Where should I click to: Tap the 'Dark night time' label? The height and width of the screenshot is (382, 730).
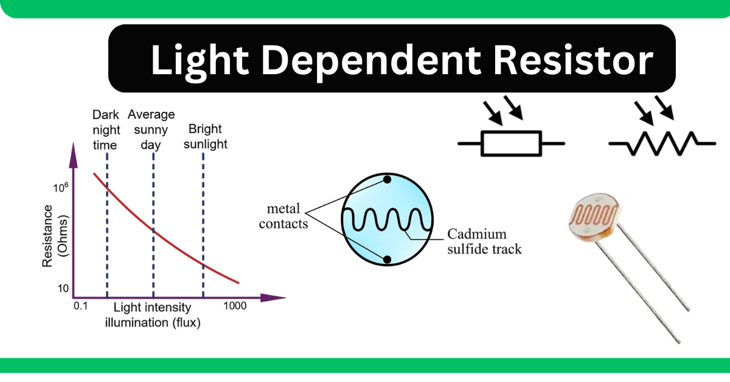[x=106, y=130]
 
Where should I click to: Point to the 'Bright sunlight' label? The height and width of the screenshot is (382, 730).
[x=205, y=136]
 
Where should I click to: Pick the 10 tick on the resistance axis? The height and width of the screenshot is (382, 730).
[x=63, y=288]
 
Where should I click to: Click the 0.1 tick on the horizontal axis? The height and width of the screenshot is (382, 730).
[x=81, y=306]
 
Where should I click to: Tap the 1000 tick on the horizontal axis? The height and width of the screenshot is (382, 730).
[x=234, y=306]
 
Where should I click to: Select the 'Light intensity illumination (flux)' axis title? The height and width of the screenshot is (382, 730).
[x=152, y=314]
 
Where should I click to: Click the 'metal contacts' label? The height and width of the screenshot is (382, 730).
[x=280, y=216]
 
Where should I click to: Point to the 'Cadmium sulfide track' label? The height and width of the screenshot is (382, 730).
[x=484, y=241]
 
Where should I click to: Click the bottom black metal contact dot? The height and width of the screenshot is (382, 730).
[x=387, y=260]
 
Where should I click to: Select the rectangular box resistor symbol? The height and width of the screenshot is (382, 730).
[x=511, y=144]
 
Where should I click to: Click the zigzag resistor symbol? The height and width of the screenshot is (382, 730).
[x=662, y=144]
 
